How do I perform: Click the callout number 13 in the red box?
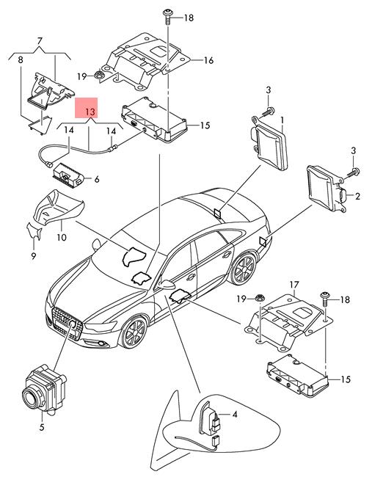90,112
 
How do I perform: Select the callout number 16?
208,60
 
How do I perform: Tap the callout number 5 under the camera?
42,427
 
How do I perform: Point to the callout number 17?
294,285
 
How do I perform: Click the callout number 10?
62,237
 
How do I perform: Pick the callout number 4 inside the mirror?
235,415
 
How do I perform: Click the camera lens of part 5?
32,398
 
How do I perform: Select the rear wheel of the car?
244,268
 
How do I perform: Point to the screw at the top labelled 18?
167,17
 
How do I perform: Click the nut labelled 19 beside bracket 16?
98,75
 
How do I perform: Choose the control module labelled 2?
327,189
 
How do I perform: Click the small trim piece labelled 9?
34,231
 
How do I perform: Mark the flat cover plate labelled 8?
40,124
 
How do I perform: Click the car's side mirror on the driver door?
167,285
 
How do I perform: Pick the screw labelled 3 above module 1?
267,112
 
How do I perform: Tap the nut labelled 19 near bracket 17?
260,298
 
